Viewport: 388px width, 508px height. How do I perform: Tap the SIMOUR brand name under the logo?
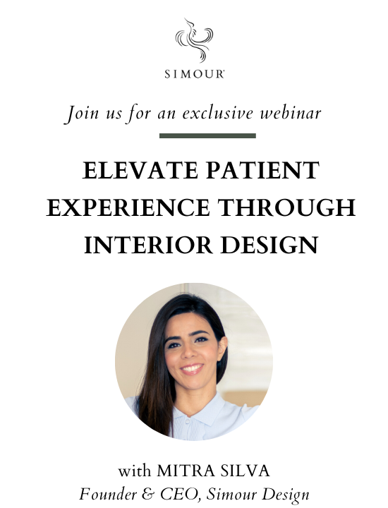coord(193,73)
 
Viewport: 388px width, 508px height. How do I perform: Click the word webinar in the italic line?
coord(291,112)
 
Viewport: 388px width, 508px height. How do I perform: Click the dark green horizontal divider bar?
coord(207,135)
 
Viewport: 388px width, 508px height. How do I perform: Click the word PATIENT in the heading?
coord(258,171)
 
